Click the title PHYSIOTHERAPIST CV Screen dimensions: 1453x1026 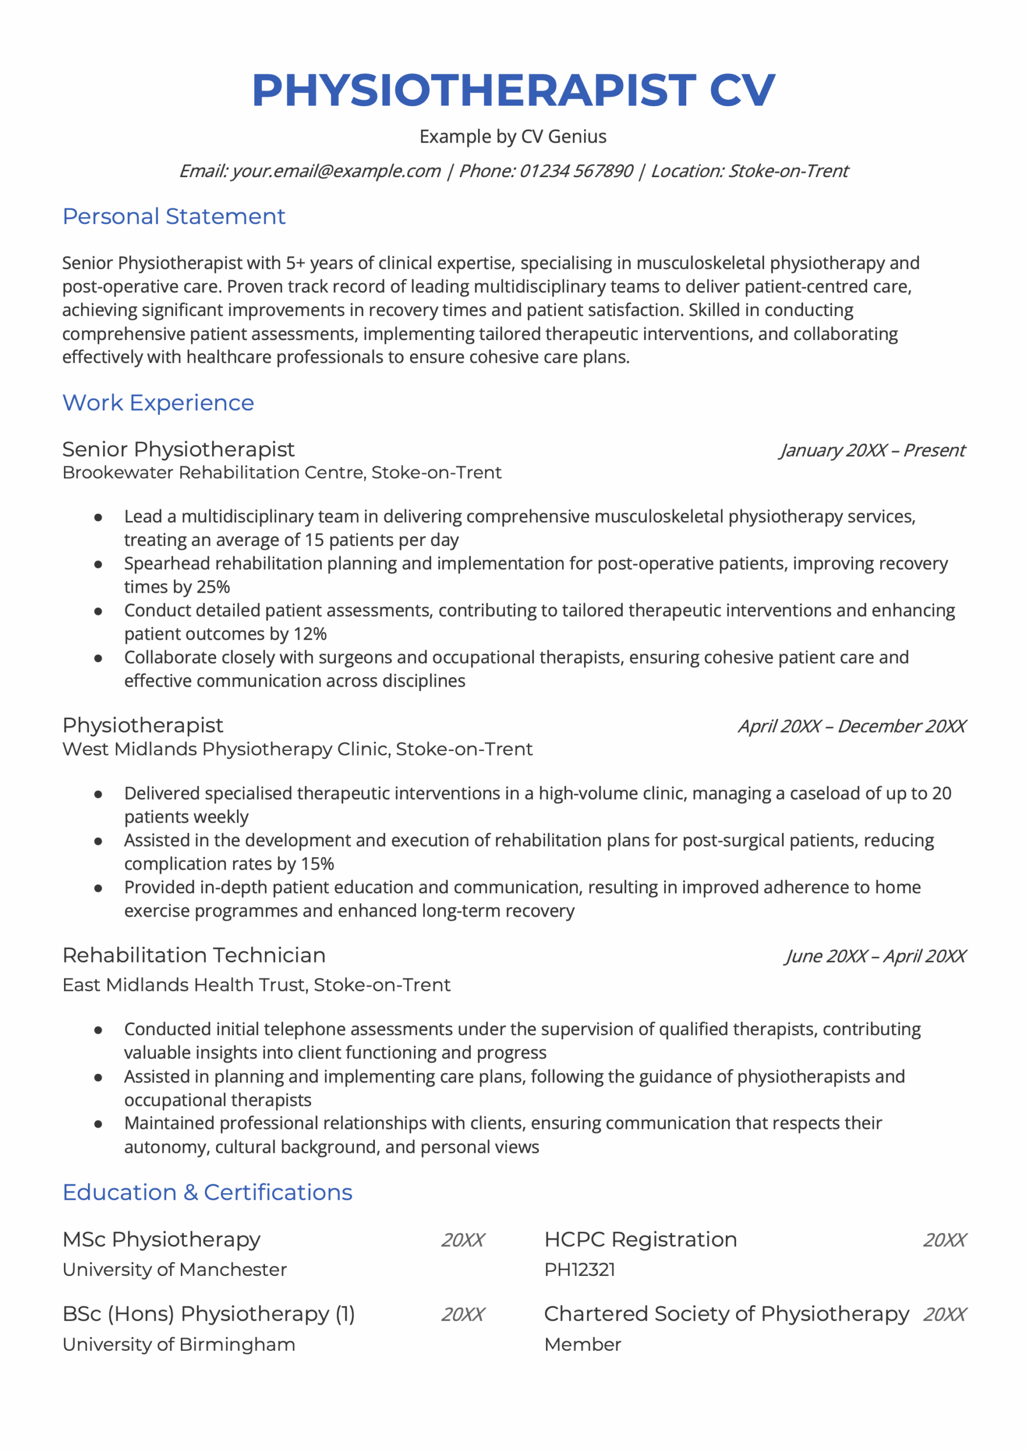[x=513, y=90]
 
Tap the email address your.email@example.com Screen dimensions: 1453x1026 [x=336, y=171]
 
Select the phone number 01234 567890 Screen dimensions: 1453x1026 [x=576, y=171]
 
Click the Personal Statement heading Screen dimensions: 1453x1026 [x=174, y=216]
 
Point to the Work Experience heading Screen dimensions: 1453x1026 [x=158, y=402]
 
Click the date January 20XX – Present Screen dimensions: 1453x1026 [x=872, y=450]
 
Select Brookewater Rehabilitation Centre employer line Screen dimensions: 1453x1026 [x=281, y=472]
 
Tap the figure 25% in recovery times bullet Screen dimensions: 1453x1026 [x=213, y=587]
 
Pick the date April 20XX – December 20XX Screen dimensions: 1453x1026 [x=851, y=726]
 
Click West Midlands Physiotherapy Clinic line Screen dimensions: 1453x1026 [x=297, y=749]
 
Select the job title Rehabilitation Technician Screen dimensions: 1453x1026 [x=193, y=955]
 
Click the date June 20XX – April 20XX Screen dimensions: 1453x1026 [x=875, y=956]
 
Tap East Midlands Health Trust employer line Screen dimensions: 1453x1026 [x=256, y=985]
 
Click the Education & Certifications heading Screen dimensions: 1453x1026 [x=207, y=1192]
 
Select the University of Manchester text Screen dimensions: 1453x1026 [x=175, y=1270]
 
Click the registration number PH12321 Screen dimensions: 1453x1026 [x=580, y=1270]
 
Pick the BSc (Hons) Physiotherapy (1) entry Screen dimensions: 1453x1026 [x=209, y=1314]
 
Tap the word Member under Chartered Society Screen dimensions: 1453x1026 [x=582, y=1344]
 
